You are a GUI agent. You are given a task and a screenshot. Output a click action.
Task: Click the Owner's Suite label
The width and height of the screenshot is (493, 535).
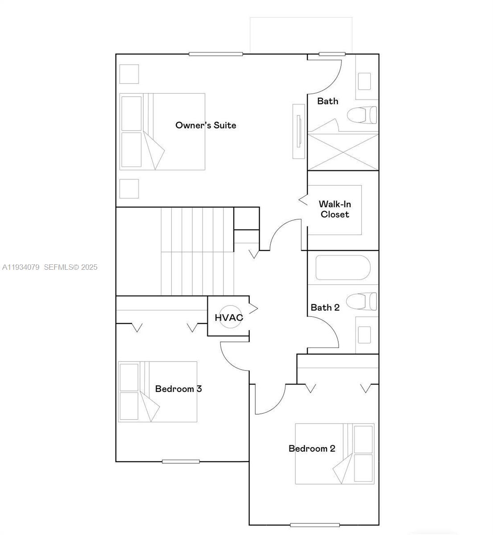206,125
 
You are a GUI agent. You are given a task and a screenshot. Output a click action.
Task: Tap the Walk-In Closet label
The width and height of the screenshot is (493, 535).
335,209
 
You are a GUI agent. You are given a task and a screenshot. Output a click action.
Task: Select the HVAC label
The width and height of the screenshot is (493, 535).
229,318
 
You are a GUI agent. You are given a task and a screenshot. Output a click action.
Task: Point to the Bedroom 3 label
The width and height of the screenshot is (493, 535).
178,389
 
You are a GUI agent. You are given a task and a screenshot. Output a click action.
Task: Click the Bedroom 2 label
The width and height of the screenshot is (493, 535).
312,449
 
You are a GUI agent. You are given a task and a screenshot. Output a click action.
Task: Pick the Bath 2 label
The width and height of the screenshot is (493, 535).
325,308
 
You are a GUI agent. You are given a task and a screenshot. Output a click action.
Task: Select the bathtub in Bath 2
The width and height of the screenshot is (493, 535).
343,267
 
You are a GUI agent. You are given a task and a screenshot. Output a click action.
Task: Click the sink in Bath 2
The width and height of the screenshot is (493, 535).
365,334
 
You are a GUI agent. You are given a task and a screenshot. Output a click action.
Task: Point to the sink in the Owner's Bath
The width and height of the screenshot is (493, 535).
365,81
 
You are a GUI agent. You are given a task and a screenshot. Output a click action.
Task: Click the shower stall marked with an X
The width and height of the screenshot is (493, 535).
343,151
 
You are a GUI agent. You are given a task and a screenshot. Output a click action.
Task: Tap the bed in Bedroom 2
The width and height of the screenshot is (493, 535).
335,453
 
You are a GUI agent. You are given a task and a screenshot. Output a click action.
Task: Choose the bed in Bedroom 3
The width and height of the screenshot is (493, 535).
157,392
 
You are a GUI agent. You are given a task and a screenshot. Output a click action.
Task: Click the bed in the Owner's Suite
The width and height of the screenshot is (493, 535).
162,132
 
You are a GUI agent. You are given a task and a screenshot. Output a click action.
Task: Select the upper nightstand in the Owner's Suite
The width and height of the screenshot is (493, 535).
129,74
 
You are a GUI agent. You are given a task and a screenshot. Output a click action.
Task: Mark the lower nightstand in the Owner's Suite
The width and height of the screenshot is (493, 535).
129,189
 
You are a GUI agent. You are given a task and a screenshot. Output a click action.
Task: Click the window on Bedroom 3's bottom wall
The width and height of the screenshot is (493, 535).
181,461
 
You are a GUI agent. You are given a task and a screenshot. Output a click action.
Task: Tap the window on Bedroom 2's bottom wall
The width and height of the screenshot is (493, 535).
315,525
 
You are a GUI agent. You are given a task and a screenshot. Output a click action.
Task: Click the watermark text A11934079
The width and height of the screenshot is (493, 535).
21,267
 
